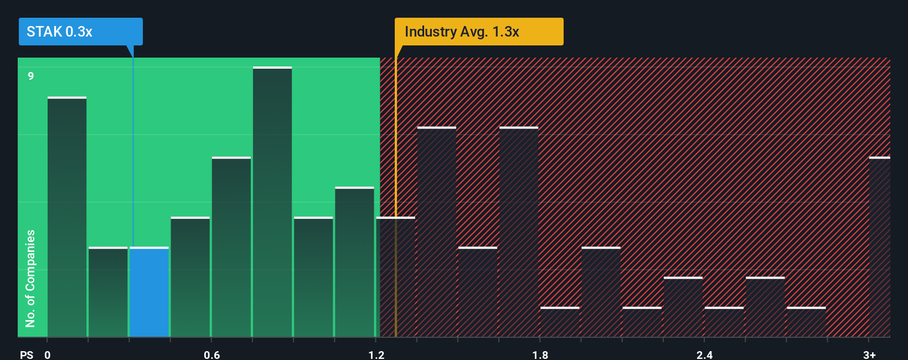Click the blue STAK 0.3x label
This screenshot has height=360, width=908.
pyautogui.click(x=80, y=32)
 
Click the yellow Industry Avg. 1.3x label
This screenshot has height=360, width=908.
pyautogui.click(x=478, y=32)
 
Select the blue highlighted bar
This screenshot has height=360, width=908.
pyautogui.click(x=149, y=292)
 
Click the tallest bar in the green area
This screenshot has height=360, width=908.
pyautogui.click(x=272, y=202)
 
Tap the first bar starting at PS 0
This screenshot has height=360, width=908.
pyautogui.click(x=67, y=217)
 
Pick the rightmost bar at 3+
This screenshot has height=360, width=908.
pyautogui.click(x=879, y=247)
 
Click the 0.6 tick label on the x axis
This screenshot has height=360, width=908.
pyautogui.click(x=211, y=354)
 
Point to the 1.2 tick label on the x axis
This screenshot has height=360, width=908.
pyautogui.click(x=376, y=354)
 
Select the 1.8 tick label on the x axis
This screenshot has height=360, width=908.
pyautogui.click(x=540, y=354)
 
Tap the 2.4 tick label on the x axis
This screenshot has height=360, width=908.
pyautogui.click(x=704, y=354)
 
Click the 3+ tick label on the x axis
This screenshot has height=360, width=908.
pyautogui.click(x=869, y=354)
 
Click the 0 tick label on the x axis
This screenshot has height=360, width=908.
pyautogui.click(x=48, y=354)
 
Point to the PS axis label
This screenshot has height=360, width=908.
pyautogui.click(x=27, y=354)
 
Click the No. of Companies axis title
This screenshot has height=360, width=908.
pyautogui.click(x=30, y=278)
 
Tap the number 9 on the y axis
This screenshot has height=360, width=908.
pyautogui.click(x=31, y=76)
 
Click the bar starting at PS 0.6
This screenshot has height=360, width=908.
pyautogui.click(x=231, y=247)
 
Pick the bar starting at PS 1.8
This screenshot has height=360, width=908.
pyautogui.click(x=560, y=322)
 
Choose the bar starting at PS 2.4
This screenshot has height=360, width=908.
pyautogui.click(x=724, y=322)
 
